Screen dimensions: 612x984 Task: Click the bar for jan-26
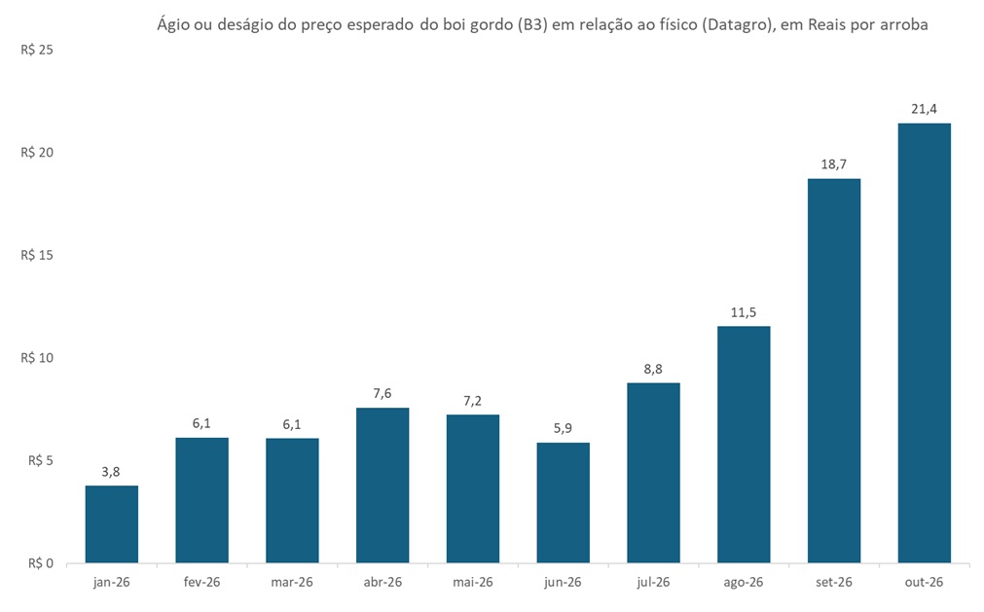coord(111,523)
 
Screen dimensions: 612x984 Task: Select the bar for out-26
coord(924,342)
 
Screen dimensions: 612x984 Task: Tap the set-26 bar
coord(834,371)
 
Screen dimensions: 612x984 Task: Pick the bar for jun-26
coord(563,502)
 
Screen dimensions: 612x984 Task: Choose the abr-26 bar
coord(383,485)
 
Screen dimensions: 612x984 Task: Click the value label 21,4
coord(924,109)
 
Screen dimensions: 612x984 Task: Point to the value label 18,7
coord(834,164)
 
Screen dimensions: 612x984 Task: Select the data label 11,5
coord(744,312)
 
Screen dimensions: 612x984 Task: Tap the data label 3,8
coord(111,471)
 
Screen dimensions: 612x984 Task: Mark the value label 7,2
coord(473,401)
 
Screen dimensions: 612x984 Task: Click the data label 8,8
coord(653,369)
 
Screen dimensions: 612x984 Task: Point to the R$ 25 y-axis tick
coord(36,50)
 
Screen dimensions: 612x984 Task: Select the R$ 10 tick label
coord(36,358)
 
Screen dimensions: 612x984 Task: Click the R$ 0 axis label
coord(39,563)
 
